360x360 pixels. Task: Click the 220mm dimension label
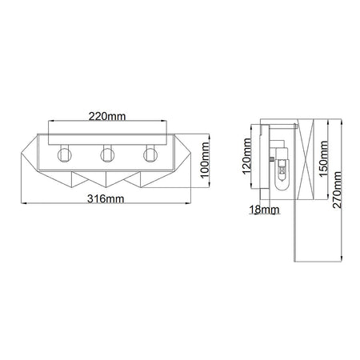[x=107, y=116]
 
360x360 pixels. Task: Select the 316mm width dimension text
[x=106, y=198]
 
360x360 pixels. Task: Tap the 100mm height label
[x=205, y=160]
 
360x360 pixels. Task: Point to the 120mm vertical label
[x=246, y=156]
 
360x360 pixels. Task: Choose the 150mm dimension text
[x=323, y=159]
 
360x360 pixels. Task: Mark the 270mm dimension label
[x=337, y=190]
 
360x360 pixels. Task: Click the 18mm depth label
[x=265, y=210]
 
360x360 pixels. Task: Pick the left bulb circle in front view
[x=64, y=155]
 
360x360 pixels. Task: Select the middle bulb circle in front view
[x=107, y=155]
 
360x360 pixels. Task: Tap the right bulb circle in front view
[x=150, y=155]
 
